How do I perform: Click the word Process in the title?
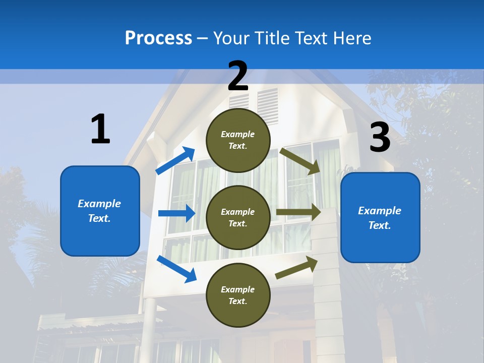point(158,38)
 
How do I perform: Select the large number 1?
point(100,130)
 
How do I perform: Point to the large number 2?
point(238,76)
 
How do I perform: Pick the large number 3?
point(380,138)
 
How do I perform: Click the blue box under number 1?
point(100,211)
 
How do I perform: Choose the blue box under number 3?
point(380,218)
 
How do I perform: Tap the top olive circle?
point(238,140)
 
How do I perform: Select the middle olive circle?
point(238,218)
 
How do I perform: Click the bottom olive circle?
point(238,295)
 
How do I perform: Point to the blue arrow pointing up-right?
point(175,161)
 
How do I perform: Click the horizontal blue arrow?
point(176,213)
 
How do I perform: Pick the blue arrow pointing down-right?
point(176,268)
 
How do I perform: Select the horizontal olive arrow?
point(298,212)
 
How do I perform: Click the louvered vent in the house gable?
point(267,106)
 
